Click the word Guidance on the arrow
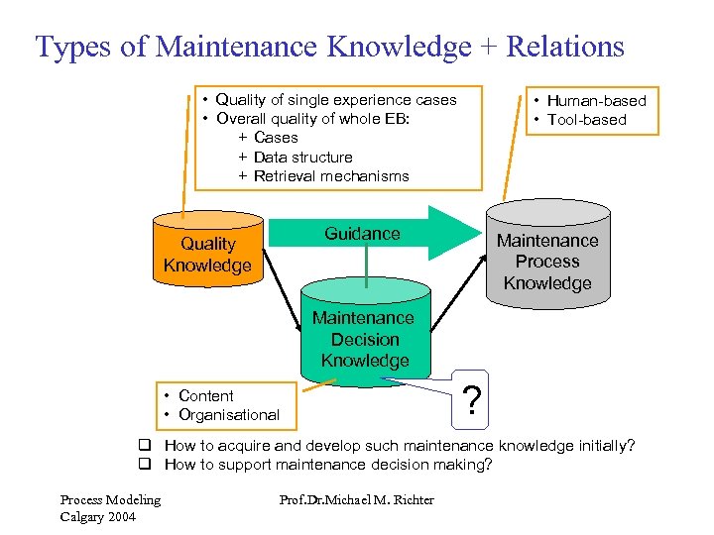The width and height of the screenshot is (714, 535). point(362,234)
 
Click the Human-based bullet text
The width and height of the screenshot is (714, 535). point(596,100)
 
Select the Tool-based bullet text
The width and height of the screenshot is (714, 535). point(586,120)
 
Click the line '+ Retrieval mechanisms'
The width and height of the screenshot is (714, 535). point(323,176)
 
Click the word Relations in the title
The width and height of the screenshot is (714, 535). point(565,47)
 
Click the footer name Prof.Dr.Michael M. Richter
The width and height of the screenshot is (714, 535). point(357,499)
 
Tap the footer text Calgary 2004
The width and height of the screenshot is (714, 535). point(96,516)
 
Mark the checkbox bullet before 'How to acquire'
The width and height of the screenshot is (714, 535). point(145,446)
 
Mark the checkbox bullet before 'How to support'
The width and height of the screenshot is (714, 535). point(145,465)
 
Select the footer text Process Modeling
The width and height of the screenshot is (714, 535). point(110,499)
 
